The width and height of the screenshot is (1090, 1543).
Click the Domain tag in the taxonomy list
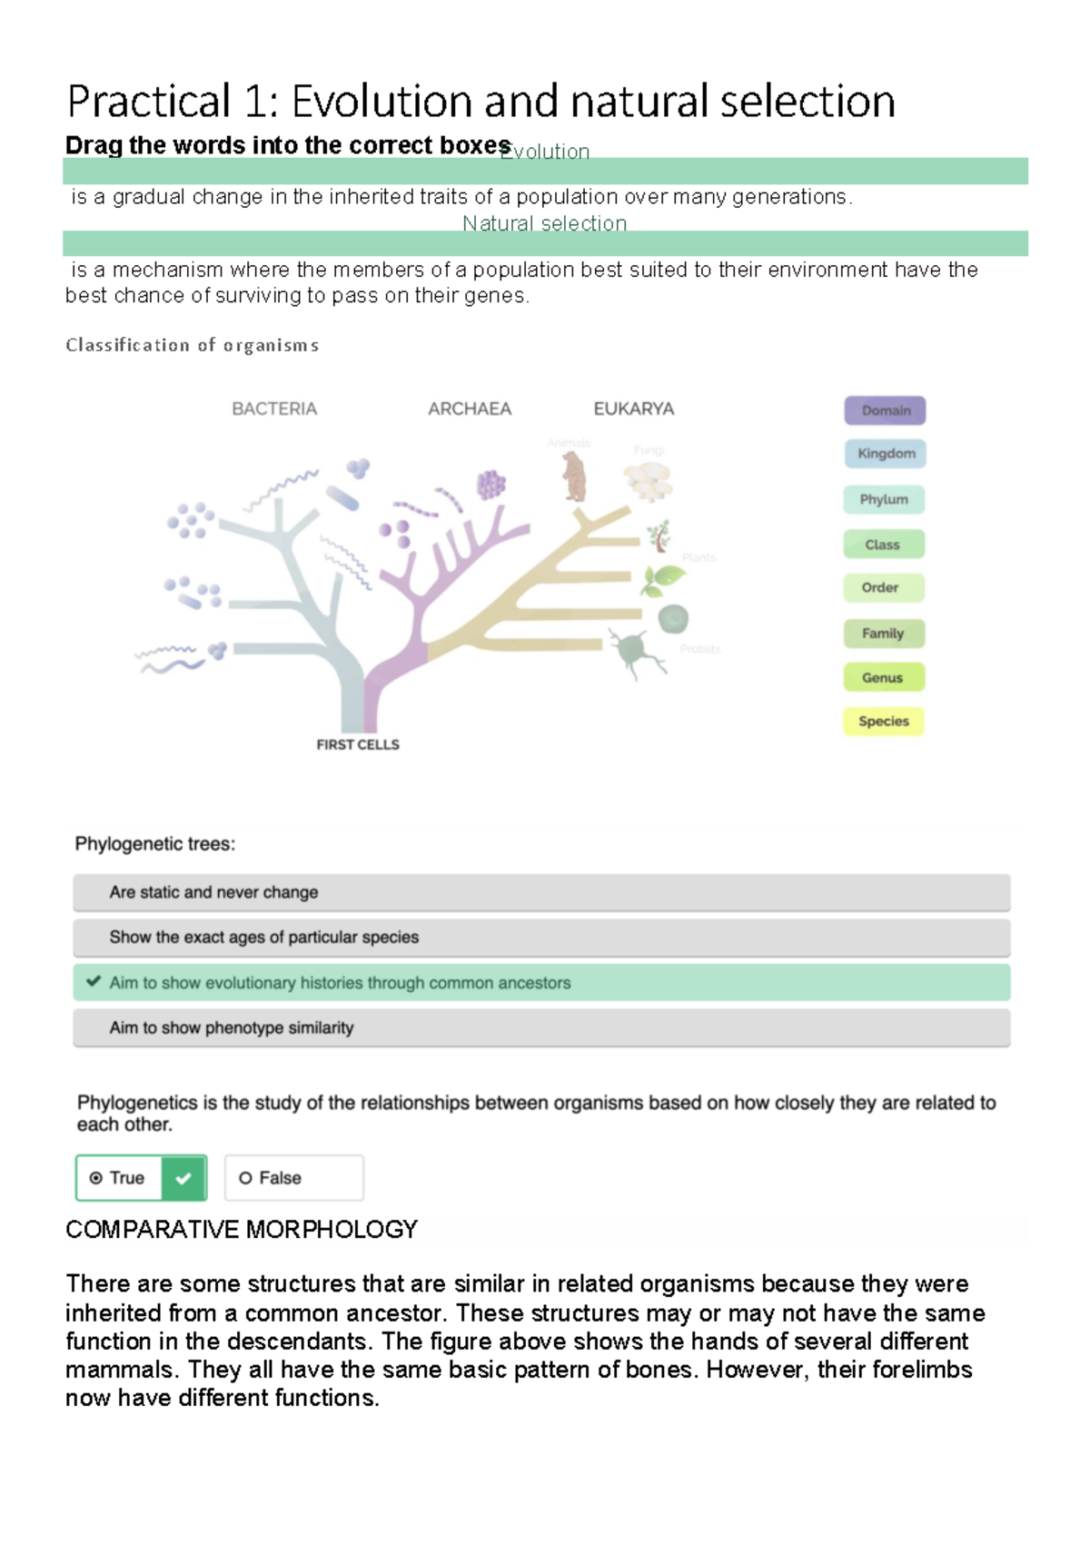pos(885,410)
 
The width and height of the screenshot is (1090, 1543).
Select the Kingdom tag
pos(886,454)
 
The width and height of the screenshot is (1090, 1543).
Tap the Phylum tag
pos(884,499)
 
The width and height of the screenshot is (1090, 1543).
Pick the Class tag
pos(883,545)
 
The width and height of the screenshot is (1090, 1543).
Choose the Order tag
pos(881,588)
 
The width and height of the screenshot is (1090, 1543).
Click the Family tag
pos(883,634)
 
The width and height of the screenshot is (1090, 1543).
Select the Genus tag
pos(883,678)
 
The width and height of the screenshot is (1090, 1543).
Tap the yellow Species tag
pos(883,722)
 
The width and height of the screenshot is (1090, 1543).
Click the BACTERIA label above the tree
pos(274,409)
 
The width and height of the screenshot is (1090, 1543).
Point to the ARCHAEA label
pos(470,409)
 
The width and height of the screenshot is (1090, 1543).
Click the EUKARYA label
pos(634,409)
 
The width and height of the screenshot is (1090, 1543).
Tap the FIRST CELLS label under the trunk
pos(358,745)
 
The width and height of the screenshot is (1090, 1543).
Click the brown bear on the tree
pos(574,477)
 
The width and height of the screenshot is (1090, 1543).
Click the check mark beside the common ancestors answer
pos(93,981)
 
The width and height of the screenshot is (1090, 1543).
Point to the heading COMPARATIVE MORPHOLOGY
pos(242,1230)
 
